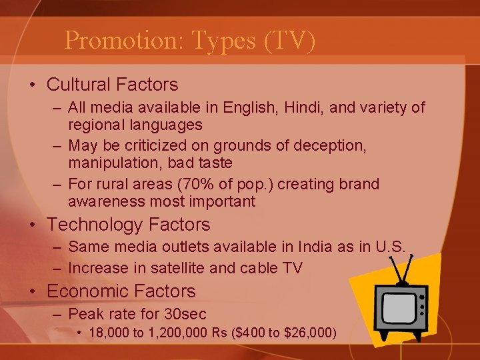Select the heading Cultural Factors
point(113,85)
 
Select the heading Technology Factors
point(129,225)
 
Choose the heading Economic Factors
point(121,291)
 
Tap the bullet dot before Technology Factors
point(33,225)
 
